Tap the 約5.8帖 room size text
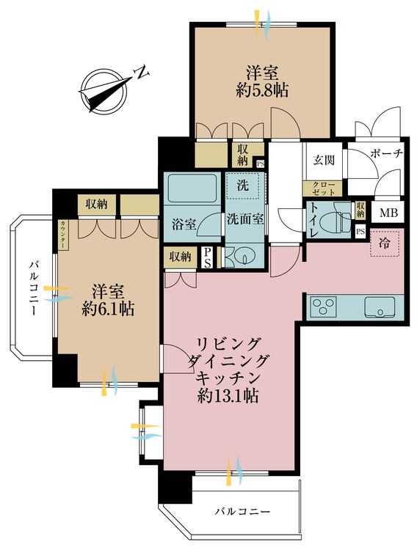261,91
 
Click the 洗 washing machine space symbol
242,186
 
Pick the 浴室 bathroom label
184,225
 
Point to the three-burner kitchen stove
324,307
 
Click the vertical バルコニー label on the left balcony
34,288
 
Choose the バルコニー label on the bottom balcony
242,511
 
